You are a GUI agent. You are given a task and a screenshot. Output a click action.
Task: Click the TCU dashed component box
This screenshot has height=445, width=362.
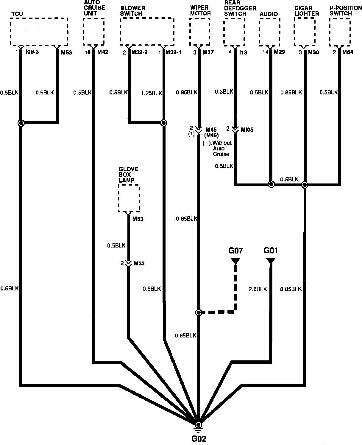pyautogui.click(x=39, y=31)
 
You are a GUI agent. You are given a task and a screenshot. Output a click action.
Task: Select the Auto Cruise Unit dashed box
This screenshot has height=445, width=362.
pyautogui.click(x=94, y=31)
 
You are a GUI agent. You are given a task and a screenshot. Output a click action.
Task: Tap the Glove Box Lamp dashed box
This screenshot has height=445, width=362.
pyautogui.click(x=129, y=198)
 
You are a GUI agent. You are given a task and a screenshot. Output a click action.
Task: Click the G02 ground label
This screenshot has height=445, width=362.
pyautogui.click(x=199, y=439)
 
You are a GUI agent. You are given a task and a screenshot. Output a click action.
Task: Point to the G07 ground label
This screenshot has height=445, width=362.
pyautogui.click(x=236, y=251)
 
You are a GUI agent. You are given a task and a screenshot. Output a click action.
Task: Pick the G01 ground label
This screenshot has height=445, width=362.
pyautogui.click(x=271, y=250)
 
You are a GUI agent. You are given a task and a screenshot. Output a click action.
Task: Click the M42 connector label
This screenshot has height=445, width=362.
pyautogui.click(x=103, y=52)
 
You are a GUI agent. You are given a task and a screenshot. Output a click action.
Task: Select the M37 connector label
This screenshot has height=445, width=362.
pyautogui.click(x=208, y=52)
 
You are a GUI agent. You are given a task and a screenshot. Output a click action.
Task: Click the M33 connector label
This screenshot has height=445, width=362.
pyautogui.click(x=139, y=264)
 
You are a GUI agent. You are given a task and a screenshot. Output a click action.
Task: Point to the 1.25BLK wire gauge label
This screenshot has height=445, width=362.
pyautogui.click(x=151, y=93)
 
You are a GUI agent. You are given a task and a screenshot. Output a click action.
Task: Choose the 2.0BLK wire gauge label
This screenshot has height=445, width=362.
pyautogui.click(x=258, y=289)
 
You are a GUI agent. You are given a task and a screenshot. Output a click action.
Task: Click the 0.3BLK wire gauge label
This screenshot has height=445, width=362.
pyautogui.click(x=224, y=92)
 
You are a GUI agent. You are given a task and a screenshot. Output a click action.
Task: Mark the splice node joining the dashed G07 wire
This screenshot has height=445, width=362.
pyautogui.click(x=199, y=312)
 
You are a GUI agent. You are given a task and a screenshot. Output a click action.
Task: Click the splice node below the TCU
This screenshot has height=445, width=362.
pyautogui.click(x=21, y=123)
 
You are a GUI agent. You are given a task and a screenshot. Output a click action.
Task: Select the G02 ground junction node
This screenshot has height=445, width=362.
pyautogui.click(x=199, y=425)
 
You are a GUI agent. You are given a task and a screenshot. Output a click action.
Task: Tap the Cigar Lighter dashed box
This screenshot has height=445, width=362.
pyautogui.click(x=305, y=31)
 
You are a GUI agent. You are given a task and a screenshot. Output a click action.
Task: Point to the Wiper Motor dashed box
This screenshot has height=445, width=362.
pyautogui.click(x=200, y=31)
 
